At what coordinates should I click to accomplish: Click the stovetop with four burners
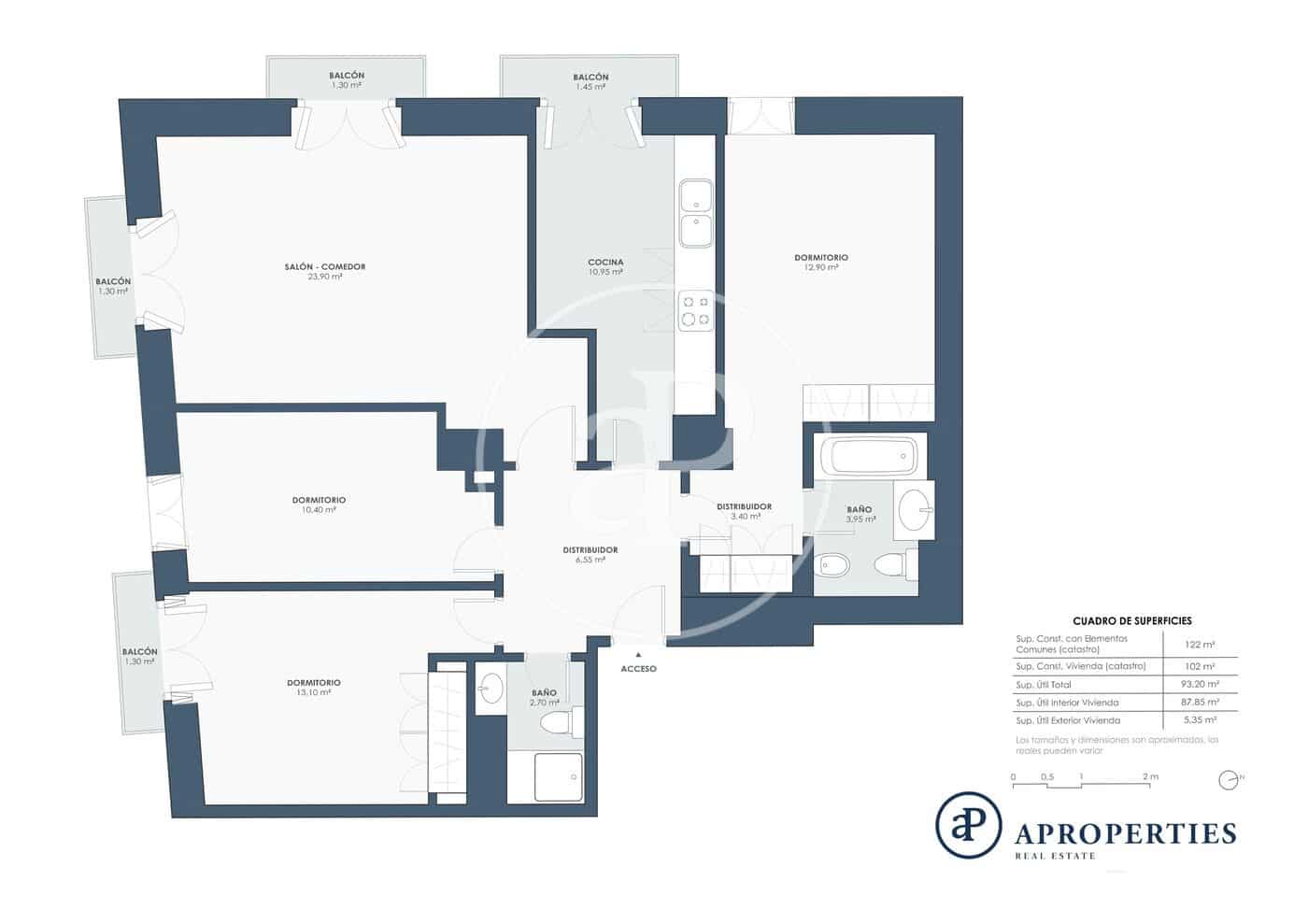tap(695, 311)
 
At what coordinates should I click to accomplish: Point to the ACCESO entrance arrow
tap(639, 657)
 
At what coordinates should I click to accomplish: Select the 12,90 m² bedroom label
tap(821, 262)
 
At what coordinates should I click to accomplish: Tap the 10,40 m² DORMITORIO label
tap(319, 505)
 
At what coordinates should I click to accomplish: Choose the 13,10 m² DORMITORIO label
tap(314, 688)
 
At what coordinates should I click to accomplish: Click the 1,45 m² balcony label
tap(590, 81)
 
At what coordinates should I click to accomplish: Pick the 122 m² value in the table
tap(1200, 645)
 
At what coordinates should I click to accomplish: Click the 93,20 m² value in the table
tap(1200, 684)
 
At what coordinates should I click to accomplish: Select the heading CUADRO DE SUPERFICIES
tap(1131, 620)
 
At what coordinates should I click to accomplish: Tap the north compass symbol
tap(1229, 779)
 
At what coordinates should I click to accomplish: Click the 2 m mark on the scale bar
tap(1150, 777)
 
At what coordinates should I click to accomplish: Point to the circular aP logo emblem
tap(968, 825)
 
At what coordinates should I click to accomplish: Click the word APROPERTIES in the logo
tap(1125, 833)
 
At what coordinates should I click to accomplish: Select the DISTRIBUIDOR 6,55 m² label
tap(590, 555)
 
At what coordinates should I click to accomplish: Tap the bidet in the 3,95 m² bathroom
tap(833, 564)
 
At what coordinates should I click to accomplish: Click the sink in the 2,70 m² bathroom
tap(490, 690)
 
